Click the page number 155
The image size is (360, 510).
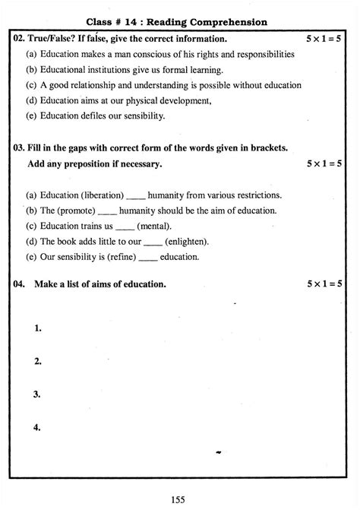click(x=180, y=499)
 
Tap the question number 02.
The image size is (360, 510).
click(x=21, y=38)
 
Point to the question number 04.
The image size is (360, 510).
click(x=21, y=284)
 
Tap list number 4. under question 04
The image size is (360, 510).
click(x=37, y=427)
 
